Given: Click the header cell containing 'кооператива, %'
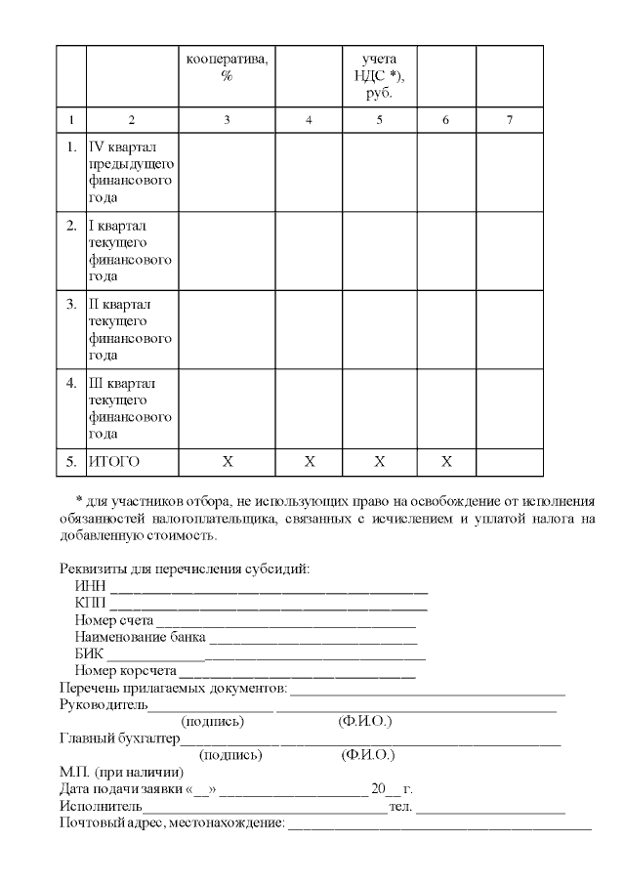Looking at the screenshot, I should [x=227, y=67].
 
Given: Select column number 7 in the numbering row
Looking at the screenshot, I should [x=509, y=120].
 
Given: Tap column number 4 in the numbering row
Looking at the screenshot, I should [x=309, y=120].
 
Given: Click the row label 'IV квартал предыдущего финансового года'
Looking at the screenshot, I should [x=131, y=173].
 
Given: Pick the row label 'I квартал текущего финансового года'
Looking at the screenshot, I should [x=131, y=251].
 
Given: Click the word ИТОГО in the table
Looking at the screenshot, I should [x=115, y=460].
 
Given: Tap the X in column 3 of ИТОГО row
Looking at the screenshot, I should [x=227, y=460].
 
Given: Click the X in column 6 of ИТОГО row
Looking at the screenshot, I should [x=446, y=460].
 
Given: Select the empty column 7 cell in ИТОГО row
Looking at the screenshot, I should [x=509, y=460].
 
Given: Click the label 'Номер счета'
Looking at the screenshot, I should [x=114, y=620].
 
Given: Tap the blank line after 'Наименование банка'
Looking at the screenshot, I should [x=312, y=640].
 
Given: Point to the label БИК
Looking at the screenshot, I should [x=89, y=653].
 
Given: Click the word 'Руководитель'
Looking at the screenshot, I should [x=104, y=704].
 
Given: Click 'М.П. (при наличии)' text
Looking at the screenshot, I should [x=120, y=773].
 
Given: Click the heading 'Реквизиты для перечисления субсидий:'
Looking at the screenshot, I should [x=185, y=568].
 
